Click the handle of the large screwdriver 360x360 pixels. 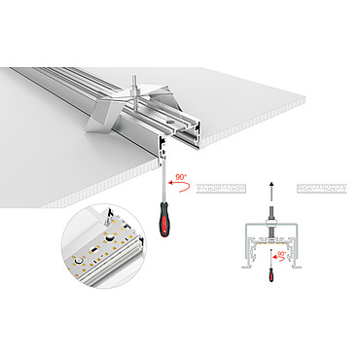[164, 219]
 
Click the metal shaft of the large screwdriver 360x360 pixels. [163, 179]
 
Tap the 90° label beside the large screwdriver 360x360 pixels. [181, 177]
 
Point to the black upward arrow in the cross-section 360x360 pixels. [271, 193]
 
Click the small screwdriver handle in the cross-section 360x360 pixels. [271, 274]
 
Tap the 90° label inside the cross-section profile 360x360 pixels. [282, 253]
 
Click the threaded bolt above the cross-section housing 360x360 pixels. [271, 213]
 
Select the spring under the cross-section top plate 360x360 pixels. [271, 233]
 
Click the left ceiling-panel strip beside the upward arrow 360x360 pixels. [221, 189]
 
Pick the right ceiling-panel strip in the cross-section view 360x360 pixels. [322, 189]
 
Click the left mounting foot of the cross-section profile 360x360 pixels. [246, 267]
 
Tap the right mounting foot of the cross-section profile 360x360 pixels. [297, 267]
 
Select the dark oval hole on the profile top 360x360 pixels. [170, 122]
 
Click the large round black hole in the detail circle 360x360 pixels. [110, 238]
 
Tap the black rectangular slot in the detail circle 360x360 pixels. [94, 250]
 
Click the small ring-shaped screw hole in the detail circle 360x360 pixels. [77, 260]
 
